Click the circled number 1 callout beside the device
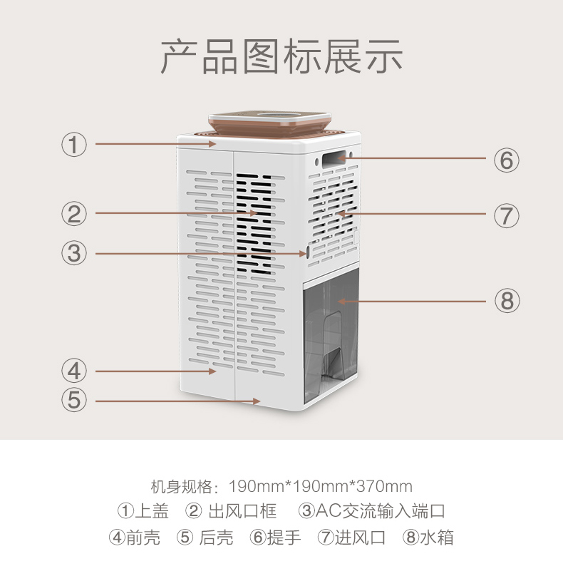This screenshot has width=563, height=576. point(74,145)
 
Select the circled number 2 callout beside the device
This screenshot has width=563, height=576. point(74,214)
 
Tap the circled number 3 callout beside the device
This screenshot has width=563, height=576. point(74,253)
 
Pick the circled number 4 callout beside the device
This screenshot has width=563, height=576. point(74,371)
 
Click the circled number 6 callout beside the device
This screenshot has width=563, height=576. point(507,160)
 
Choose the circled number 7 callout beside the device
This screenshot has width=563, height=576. point(507,215)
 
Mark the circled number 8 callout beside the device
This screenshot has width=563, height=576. point(507,300)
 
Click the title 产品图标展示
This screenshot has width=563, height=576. point(281,56)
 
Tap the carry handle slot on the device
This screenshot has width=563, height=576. point(334,159)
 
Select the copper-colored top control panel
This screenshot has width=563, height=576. point(270,123)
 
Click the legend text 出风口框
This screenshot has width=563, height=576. point(242,511)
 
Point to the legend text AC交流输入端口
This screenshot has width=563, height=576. point(381,511)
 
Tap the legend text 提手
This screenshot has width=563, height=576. point(284,538)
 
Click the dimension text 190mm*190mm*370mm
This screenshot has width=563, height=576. point(321,486)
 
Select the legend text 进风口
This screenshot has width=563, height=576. point(360,538)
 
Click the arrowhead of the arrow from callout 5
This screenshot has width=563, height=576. point(257,401)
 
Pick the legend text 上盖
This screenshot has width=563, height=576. point(152,511)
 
